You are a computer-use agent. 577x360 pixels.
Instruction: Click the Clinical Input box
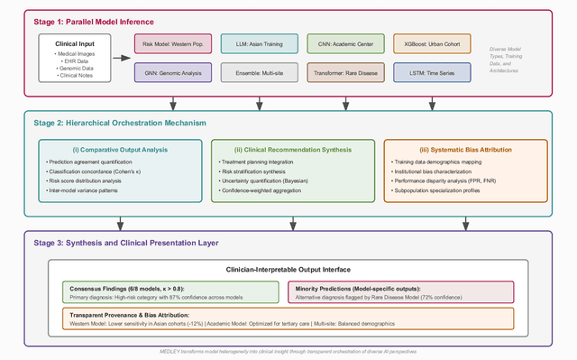coord(75,58)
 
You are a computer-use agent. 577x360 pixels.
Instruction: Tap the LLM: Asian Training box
coord(258,42)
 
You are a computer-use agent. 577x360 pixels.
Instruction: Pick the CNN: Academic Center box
coord(344,42)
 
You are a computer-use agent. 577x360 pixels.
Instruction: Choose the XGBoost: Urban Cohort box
coord(432,42)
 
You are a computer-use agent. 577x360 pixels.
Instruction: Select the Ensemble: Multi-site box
coord(258,72)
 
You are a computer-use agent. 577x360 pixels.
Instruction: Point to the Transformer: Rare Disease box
coord(344,72)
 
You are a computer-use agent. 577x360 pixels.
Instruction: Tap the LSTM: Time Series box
coord(432,72)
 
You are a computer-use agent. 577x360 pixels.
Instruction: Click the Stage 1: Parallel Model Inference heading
coord(84,21)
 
